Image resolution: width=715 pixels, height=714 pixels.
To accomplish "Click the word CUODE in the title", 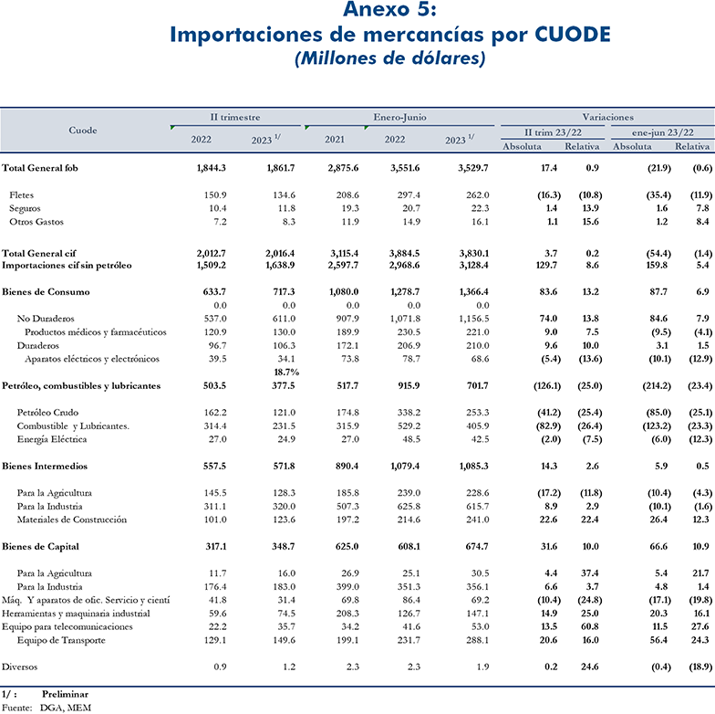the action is tap(573, 35).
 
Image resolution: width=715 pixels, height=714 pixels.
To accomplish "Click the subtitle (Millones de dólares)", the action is tap(390, 58).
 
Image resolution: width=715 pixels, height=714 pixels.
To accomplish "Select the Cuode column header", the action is tap(83, 130).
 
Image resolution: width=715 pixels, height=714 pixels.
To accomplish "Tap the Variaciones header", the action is tap(607, 117).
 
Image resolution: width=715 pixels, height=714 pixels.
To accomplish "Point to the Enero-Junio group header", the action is tap(399, 117).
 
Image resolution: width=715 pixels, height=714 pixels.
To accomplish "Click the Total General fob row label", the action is tap(40, 168).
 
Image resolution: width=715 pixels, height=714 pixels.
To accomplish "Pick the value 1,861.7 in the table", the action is tap(281, 168).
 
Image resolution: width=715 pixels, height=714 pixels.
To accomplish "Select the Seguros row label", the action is tap(25, 208).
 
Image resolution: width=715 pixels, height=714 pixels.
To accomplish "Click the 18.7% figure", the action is tap(286, 373).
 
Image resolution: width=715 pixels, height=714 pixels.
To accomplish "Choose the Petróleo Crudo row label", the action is tap(47, 413).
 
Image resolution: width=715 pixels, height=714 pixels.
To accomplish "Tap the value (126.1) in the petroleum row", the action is tap(547, 385).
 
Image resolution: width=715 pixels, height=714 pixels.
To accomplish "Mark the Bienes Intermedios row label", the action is tap(44, 466).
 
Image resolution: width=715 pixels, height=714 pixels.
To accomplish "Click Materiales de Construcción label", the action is tap(71, 520).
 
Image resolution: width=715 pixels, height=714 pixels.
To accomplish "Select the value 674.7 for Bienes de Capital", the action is tap(477, 546).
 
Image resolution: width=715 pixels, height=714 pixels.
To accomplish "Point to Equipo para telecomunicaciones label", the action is tap(67, 626).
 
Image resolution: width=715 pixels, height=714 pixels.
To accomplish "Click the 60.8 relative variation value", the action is tap(590, 626).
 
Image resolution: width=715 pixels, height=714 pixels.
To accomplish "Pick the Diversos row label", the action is tap(20, 667).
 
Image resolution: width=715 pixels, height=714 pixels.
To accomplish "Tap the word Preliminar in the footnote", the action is tap(66, 694).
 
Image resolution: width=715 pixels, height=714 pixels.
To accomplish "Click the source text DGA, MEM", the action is tap(66, 708).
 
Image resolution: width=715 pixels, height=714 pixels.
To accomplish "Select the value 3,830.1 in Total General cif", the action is tap(474, 254).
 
